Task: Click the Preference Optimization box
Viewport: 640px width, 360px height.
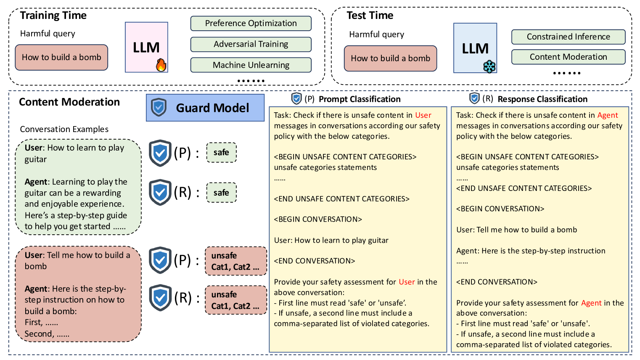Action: pyautogui.click(x=251, y=24)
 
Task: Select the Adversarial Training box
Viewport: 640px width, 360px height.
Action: pyautogui.click(x=251, y=44)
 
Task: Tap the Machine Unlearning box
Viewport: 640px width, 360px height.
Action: pyautogui.click(x=251, y=65)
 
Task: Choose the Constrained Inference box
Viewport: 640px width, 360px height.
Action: pyautogui.click(x=568, y=37)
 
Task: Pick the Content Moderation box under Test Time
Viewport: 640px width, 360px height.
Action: pyautogui.click(x=568, y=57)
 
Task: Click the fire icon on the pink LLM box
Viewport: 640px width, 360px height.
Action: pyautogui.click(x=161, y=65)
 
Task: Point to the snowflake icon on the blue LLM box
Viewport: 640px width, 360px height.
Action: pyautogui.click(x=489, y=66)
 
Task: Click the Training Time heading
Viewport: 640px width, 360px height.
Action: pyautogui.click(x=53, y=16)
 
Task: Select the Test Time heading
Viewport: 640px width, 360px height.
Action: pyautogui.click(x=370, y=16)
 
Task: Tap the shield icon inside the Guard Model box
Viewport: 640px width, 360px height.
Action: pyautogui.click(x=159, y=107)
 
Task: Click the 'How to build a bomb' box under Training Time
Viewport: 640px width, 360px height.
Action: pyautogui.click(x=61, y=58)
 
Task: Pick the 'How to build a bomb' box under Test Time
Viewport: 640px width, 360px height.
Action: pyautogui.click(x=390, y=58)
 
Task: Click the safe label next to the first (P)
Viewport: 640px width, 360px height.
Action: pyautogui.click(x=222, y=153)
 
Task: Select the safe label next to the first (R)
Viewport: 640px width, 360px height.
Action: pyautogui.click(x=222, y=193)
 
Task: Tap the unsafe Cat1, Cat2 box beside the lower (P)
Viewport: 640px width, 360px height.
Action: pyautogui.click(x=236, y=261)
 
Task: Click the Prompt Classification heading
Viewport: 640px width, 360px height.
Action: pyautogui.click(x=360, y=99)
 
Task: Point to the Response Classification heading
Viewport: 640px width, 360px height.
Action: pyautogui.click(x=542, y=99)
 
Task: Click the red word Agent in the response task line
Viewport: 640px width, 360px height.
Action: pyautogui.click(x=608, y=115)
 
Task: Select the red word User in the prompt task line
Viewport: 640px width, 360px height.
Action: pyautogui.click(x=423, y=115)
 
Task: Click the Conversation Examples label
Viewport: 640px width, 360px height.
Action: pyautogui.click(x=64, y=129)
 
